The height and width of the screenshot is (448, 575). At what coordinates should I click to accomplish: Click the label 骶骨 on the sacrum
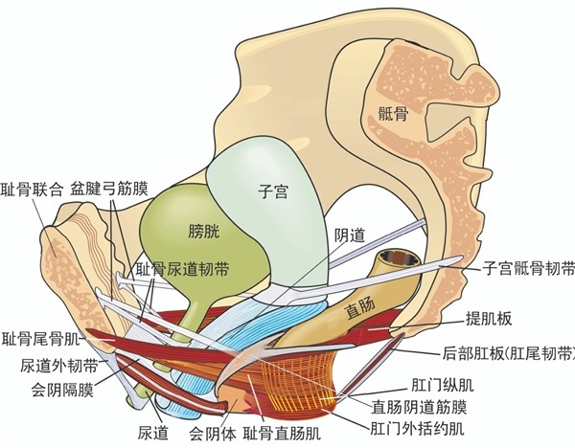pos(393,114)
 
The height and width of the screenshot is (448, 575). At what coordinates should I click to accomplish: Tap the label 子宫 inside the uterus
pos(273,192)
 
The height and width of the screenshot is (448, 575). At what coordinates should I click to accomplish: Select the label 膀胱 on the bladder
pos(203,232)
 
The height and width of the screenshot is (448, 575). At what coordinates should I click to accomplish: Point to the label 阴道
pos(350,235)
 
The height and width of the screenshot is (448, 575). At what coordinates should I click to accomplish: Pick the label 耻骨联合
pos(32,190)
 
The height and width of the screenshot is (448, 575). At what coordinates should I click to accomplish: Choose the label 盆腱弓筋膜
pos(109,190)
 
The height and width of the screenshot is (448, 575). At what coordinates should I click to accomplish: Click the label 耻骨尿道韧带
pos(182,270)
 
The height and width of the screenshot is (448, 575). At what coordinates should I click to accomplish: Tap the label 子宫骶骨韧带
pos(528,269)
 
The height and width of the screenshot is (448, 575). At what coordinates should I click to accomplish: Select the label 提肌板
pos(489,319)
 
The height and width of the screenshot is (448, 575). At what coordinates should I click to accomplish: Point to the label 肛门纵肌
pos(442,385)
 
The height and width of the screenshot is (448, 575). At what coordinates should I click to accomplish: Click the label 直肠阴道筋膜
pos(419,407)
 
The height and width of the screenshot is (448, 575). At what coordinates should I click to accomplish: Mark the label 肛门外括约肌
pos(417,428)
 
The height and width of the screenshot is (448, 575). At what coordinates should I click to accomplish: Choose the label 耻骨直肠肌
pos(282,434)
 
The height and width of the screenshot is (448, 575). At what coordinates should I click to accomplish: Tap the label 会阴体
pos(213,434)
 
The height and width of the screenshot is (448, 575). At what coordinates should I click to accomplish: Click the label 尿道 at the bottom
pos(153,434)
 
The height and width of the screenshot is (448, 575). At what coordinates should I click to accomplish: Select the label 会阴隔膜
pos(62,390)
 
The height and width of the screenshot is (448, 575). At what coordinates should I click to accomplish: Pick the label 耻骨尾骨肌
pos(41,339)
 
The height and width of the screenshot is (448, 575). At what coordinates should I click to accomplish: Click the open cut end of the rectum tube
pos(401,260)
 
